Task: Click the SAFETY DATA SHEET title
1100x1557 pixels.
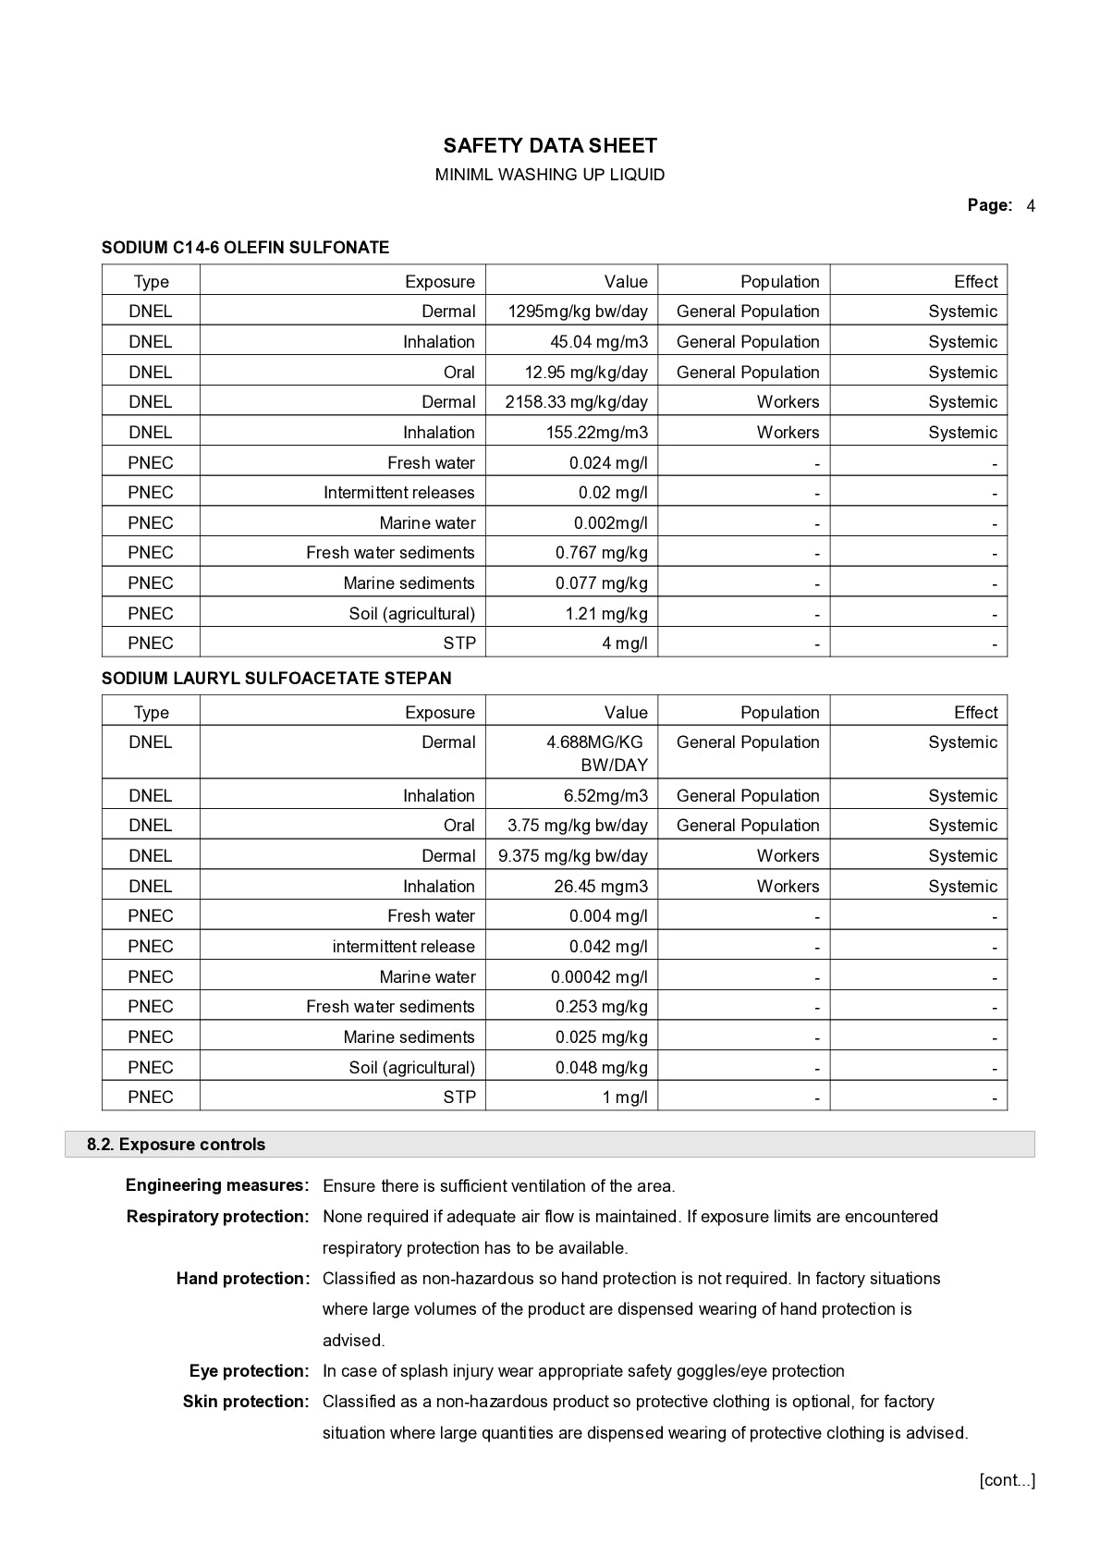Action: tap(550, 145)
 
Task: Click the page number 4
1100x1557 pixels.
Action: tap(1031, 205)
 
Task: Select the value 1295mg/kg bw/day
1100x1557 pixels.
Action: tap(578, 312)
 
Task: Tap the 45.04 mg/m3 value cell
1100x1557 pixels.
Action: tap(599, 342)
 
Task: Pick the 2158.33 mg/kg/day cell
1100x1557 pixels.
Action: tap(576, 402)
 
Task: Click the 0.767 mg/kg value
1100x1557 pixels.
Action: tap(601, 553)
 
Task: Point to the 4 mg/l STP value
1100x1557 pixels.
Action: tap(625, 644)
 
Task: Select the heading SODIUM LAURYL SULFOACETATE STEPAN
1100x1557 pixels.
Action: tap(276, 679)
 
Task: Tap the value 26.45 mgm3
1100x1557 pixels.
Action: tap(601, 887)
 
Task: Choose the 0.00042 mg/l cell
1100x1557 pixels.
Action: tap(599, 977)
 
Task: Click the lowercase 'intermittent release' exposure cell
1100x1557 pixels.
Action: tap(403, 947)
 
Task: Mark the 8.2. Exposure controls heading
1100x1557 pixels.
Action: tap(176, 1145)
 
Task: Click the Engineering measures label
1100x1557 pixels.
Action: tap(217, 1185)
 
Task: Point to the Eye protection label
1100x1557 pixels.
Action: tap(249, 1371)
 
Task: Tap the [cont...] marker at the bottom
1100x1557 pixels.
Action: tap(1007, 1480)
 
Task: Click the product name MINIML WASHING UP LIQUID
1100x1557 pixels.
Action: tap(550, 175)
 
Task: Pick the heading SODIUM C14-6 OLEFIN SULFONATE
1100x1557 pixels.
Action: tap(245, 248)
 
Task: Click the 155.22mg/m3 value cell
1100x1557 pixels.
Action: tap(596, 433)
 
